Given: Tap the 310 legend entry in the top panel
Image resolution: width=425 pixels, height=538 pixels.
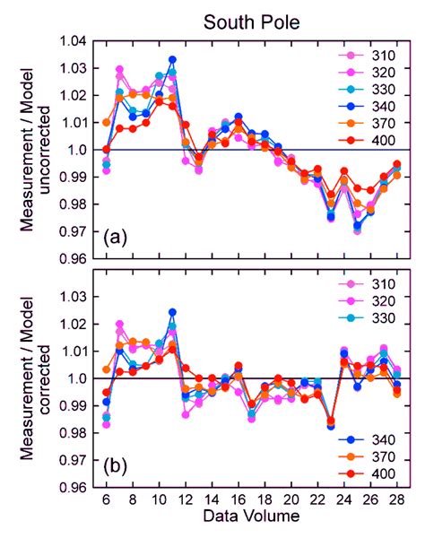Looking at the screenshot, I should [x=375, y=56].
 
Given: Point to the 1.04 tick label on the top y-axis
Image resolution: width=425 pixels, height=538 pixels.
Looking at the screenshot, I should [x=76, y=40].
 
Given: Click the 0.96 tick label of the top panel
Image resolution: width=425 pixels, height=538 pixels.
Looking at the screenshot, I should [x=76, y=259].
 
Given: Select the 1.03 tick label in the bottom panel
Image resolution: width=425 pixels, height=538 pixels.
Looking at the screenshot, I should [x=76, y=297].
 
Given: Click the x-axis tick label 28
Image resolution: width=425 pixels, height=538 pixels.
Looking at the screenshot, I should [x=397, y=499].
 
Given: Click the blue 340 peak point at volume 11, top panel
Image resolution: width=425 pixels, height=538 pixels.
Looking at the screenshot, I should [x=172, y=60].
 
